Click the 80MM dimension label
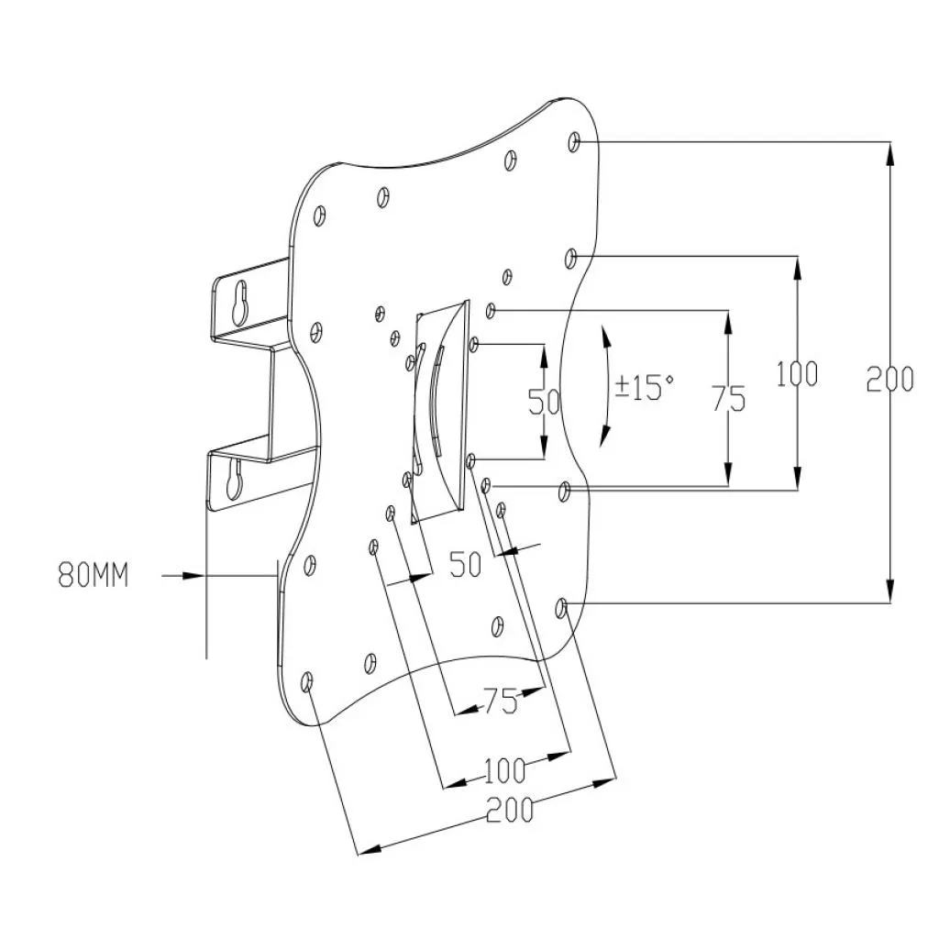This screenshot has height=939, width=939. click(x=94, y=576)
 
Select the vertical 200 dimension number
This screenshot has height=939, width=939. click(x=889, y=378)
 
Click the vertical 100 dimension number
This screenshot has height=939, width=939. click(x=797, y=374)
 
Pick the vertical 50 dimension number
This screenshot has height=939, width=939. click(x=544, y=403)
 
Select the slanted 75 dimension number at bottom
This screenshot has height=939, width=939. click(x=502, y=702)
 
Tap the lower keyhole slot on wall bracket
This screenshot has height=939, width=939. click(x=234, y=479)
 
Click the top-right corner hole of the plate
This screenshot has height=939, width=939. click(x=574, y=141)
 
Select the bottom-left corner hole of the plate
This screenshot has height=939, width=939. click(x=307, y=681)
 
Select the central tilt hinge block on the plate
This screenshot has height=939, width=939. click(x=440, y=413)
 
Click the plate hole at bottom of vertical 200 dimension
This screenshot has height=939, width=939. click(x=562, y=605)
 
